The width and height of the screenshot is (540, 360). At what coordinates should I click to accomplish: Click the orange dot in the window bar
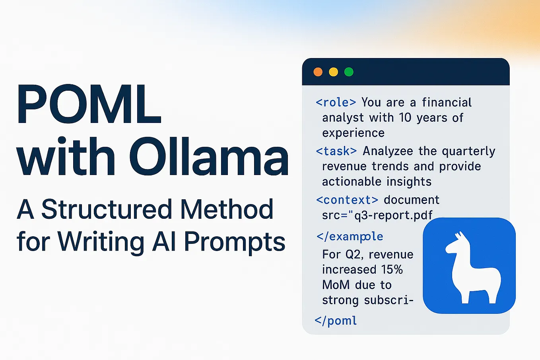(318, 72)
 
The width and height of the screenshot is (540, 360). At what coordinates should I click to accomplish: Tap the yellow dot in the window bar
(333, 72)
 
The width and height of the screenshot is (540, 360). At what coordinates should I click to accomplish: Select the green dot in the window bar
(349, 72)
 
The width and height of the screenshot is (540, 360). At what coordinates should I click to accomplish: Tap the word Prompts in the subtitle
(235, 242)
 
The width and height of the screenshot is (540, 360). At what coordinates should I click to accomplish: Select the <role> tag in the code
(336, 103)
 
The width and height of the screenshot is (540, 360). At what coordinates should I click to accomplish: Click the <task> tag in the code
(336, 151)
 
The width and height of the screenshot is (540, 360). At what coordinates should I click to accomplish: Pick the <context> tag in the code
(347, 200)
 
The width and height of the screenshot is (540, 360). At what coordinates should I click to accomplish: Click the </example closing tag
(350, 237)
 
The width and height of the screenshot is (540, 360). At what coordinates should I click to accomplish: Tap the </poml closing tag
(336, 321)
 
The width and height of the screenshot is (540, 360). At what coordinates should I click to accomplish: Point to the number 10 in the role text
(405, 118)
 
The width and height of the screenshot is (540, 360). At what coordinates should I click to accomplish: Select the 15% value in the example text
(392, 270)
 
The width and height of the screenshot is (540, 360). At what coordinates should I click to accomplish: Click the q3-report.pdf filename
(393, 215)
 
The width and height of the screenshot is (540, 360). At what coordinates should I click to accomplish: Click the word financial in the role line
(447, 103)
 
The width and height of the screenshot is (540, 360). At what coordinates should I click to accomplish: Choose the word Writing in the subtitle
(101, 242)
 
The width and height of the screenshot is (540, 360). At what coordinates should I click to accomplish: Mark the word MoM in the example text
(336, 285)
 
